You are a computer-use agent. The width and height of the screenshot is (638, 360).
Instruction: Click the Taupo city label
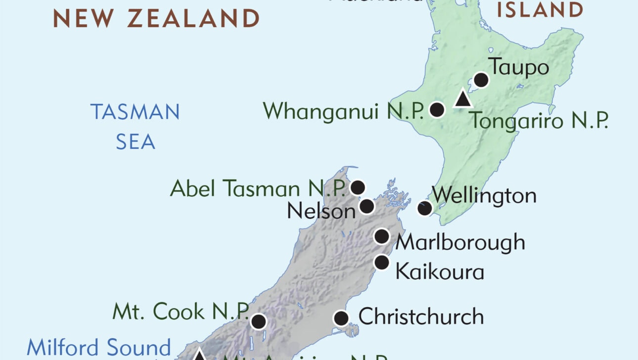pyautogui.click(x=519, y=67)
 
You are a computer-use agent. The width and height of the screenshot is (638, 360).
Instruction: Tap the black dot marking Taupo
pyautogui.click(x=481, y=80)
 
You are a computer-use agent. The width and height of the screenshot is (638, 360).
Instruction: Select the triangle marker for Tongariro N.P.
pyautogui.click(x=462, y=99)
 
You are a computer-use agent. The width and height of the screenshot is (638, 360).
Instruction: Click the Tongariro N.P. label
pyautogui.click(x=538, y=120)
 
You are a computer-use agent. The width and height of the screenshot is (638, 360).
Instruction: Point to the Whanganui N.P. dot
pyautogui.click(x=437, y=110)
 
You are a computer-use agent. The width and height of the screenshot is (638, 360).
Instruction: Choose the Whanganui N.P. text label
pyautogui.click(x=343, y=111)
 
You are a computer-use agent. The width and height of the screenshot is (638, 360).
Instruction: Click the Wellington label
pyautogui.click(x=484, y=195)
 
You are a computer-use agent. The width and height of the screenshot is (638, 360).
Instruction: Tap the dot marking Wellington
pyautogui.click(x=424, y=208)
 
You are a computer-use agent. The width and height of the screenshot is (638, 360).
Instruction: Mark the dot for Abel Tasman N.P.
pyautogui.click(x=358, y=187)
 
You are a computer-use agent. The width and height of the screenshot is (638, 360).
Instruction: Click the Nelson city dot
pyautogui.click(x=367, y=206)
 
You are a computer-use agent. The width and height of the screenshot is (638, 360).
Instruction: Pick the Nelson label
pyautogui.click(x=321, y=211)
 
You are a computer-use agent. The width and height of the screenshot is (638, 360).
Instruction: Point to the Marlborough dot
pyautogui.click(x=381, y=236)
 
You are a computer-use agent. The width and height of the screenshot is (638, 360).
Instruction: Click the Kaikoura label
pyautogui.click(x=440, y=271)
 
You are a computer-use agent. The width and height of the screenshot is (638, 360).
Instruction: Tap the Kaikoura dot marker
pyautogui.click(x=382, y=262)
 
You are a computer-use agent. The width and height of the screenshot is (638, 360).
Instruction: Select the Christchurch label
pyautogui.click(x=421, y=316)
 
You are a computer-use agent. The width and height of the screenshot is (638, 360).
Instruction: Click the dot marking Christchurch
pyautogui.click(x=341, y=318)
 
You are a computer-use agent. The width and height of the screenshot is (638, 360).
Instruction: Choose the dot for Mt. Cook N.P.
pyautogui.click(x=258, y=321)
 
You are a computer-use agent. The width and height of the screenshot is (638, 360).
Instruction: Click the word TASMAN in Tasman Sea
pyautogui.click(x=135, y=112)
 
